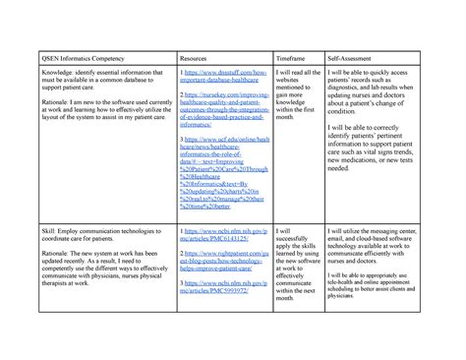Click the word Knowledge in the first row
(51, 73)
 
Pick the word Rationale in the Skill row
(51, 249)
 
